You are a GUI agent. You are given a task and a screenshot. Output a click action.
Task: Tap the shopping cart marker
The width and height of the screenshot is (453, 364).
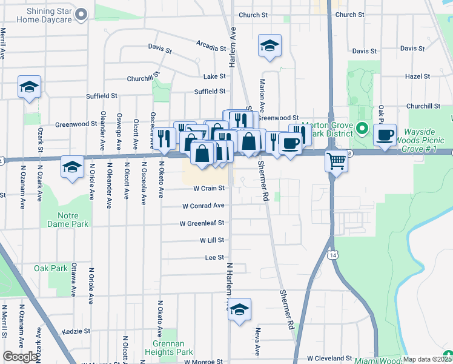pos(336,161)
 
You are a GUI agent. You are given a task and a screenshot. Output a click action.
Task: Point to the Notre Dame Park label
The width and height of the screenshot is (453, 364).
pos(73,220)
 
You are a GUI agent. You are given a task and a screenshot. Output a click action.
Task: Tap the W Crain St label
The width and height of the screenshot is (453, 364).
pos(210,188)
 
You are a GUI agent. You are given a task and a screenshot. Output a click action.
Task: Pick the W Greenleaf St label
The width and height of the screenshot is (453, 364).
pos(202,223)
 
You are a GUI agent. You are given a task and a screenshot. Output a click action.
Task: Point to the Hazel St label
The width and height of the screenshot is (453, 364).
pos(417,77)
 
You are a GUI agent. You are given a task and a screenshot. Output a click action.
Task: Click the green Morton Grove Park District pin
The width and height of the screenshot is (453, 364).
pos(362,129)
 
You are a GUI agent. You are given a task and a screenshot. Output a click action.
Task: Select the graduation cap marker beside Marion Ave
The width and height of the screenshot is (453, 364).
pos(269,45)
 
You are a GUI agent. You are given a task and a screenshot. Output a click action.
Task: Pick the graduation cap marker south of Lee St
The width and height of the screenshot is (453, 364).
pos(240,309)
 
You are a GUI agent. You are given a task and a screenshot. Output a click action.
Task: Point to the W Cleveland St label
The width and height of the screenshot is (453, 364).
pos(329,359)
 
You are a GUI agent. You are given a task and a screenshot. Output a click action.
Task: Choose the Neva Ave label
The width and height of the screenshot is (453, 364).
pos(257,342)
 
